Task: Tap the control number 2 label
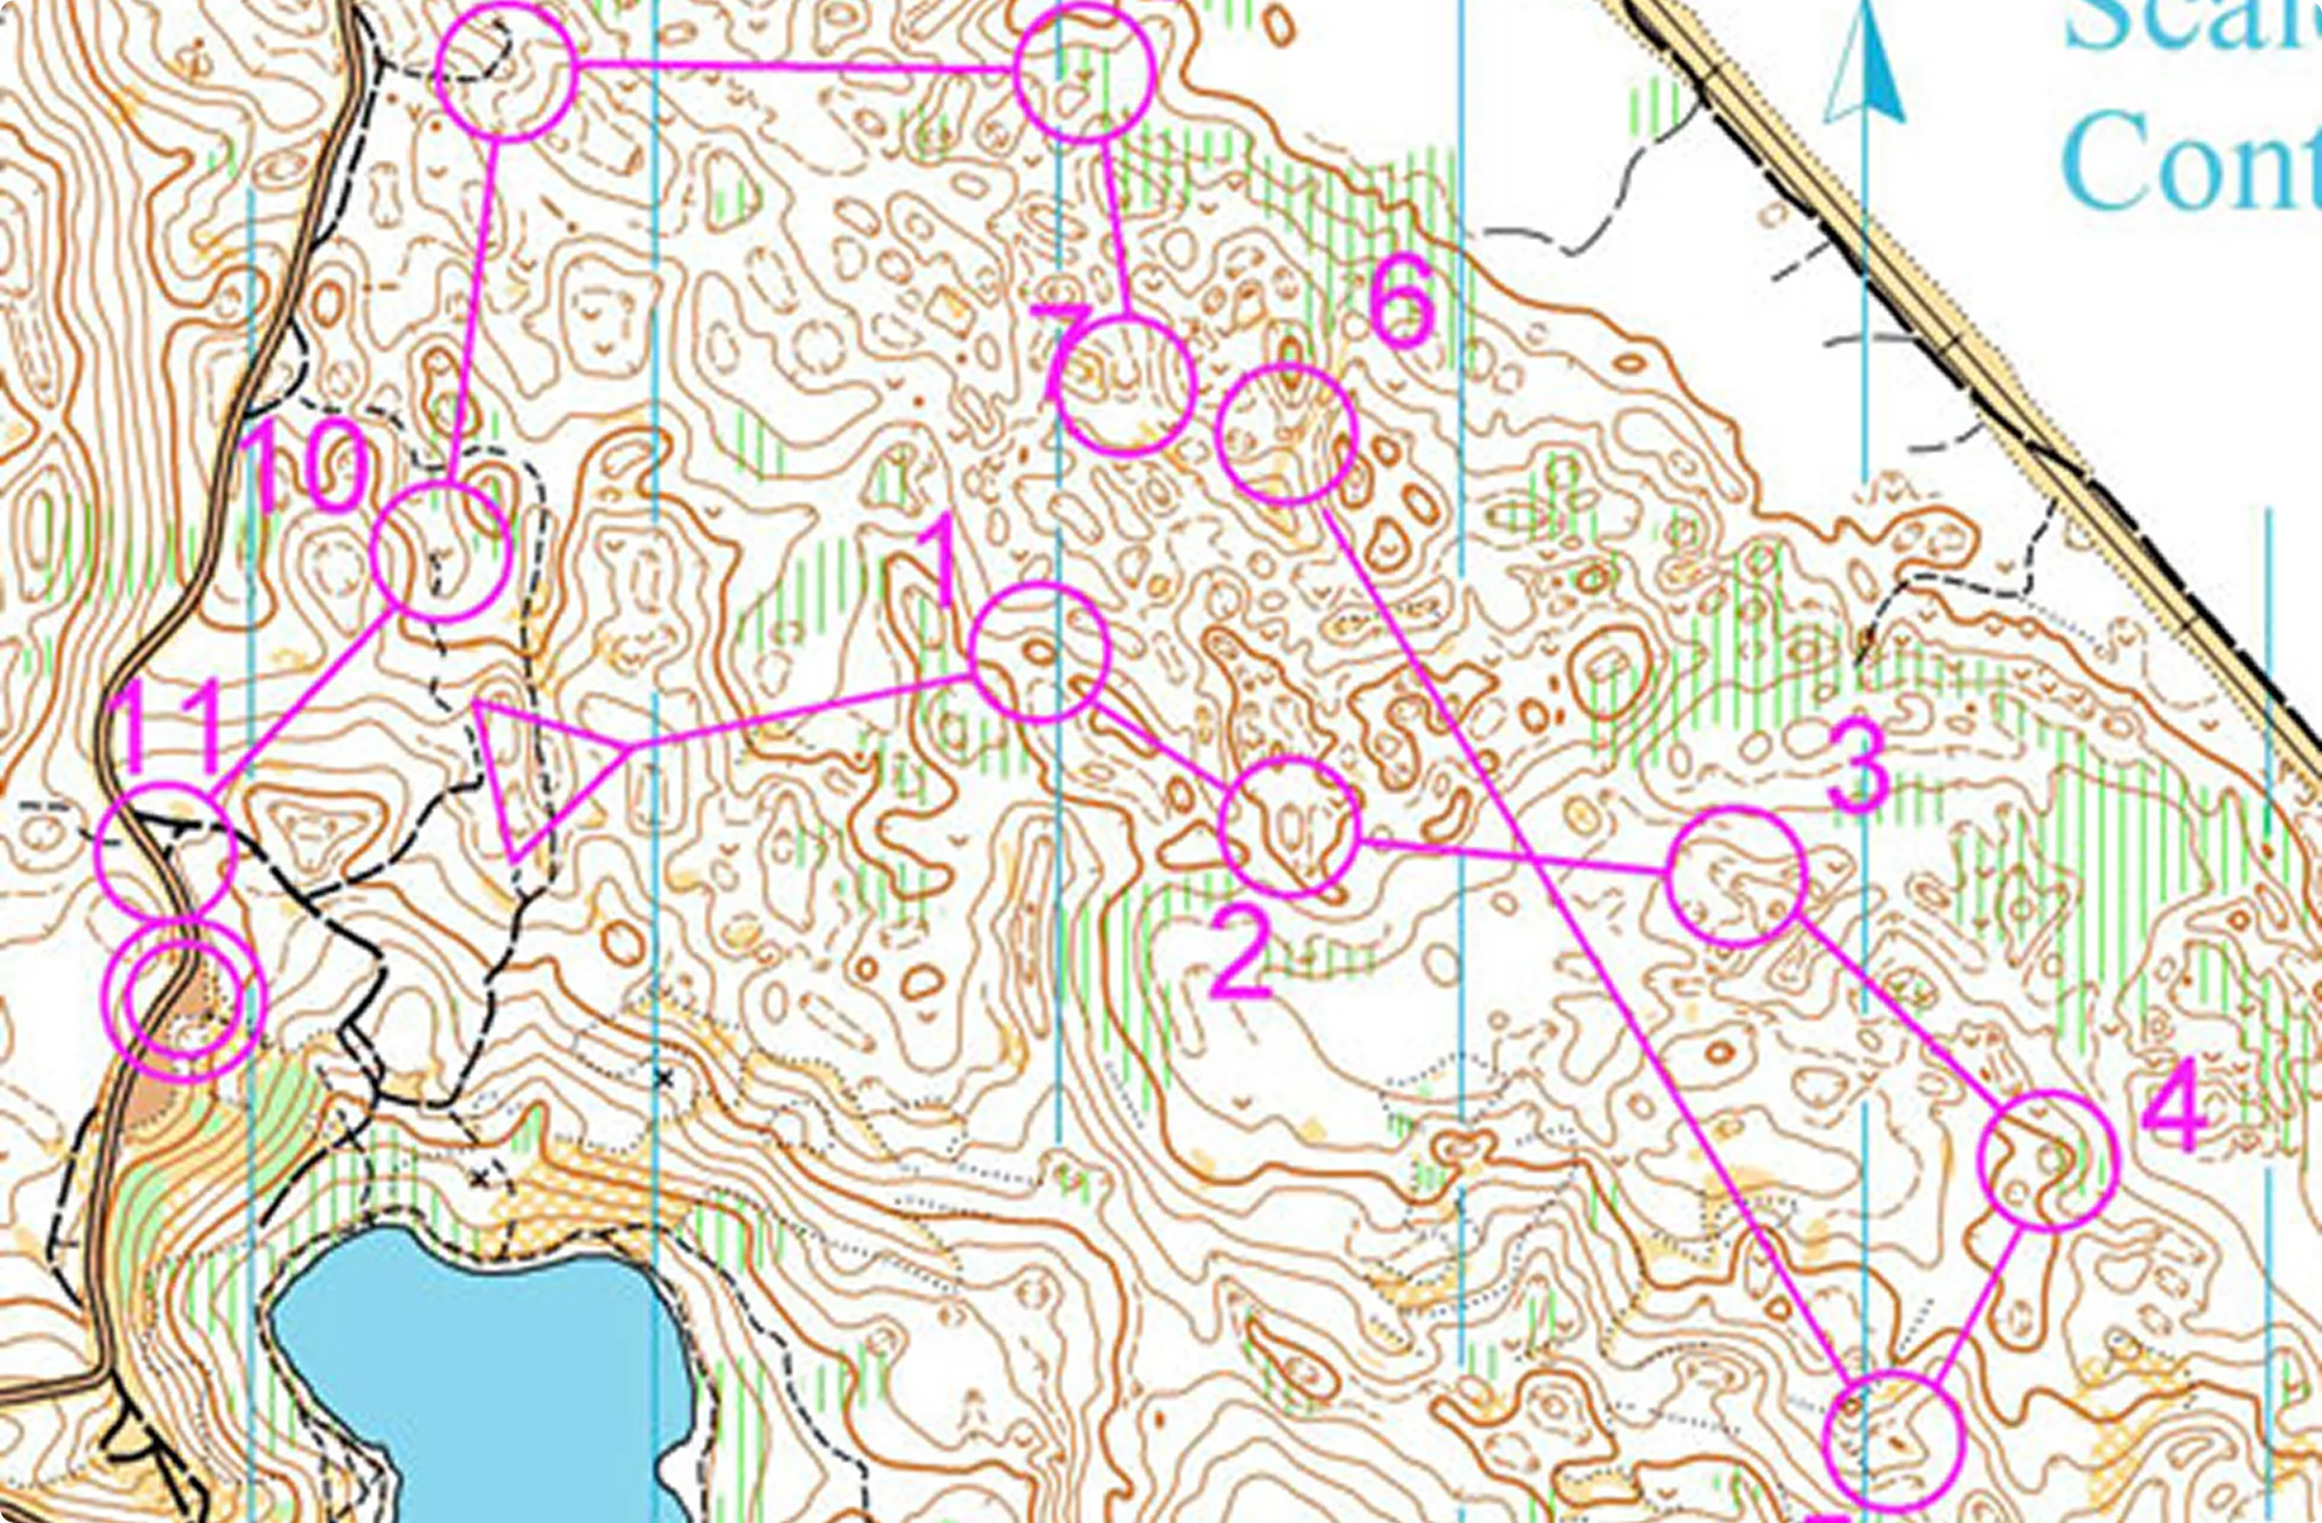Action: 1240,955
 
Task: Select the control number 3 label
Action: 1857,766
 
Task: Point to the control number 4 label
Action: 2174,1107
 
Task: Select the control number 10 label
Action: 309,469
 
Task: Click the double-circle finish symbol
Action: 185,999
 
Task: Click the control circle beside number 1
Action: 1040,652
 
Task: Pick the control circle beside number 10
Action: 441,551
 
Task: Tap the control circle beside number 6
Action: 1288,434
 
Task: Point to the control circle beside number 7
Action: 1126,386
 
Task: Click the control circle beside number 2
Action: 1289,826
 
